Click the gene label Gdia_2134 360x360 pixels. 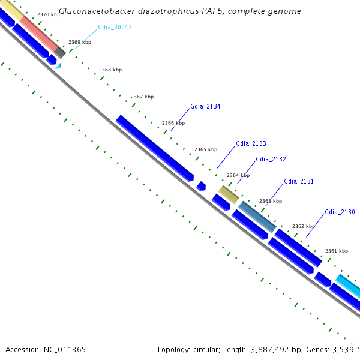[205, 106]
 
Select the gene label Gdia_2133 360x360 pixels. [251, 143]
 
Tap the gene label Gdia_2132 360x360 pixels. [271, 159]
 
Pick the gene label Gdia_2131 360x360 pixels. [299, 181]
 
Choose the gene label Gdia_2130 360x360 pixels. [340, 212]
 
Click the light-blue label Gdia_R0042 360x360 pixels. [115, 27]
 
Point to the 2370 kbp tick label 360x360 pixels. [46, 14]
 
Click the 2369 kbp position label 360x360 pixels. [80, 42]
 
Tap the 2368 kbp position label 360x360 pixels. [110, 70]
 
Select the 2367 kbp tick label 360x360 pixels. [142, 97]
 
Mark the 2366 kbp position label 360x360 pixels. [173, 123]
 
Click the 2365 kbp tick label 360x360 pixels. [206, 149]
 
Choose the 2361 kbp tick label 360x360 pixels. [337, 251]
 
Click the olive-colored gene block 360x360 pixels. [228, 194]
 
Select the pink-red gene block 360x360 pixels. [38, 34]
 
